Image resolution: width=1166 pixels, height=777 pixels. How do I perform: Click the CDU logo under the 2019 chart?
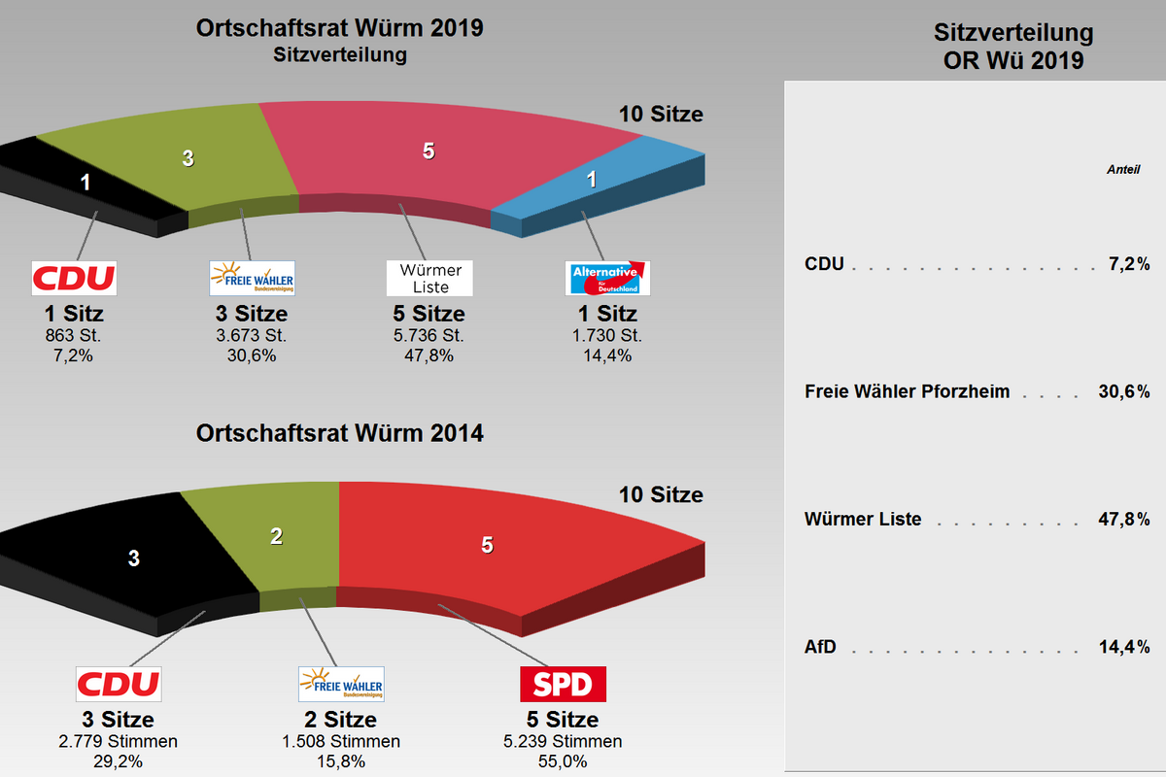[74, 278]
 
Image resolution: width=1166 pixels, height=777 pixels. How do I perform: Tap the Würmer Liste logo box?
[429, 278]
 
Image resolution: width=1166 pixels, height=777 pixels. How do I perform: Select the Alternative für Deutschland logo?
[607, 278]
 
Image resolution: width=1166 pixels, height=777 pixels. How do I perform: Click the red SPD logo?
[564, 684]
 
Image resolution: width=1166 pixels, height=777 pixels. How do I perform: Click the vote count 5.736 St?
[429, 335]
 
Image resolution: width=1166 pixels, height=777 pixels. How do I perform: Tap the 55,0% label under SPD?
[564, 761]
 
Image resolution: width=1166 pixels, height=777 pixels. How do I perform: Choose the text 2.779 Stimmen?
[118, 742]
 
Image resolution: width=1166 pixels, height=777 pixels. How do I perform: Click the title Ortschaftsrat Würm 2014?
[339, 433]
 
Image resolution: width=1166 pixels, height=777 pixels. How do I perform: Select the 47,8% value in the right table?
[1124, 520]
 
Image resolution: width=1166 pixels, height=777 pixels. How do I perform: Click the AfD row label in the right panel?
[820, 647]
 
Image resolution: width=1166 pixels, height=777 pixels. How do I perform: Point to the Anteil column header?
[1123, 170]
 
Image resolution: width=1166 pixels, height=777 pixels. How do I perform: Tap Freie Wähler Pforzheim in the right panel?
[908, 392]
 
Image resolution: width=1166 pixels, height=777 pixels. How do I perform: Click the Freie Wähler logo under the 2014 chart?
[341, 684]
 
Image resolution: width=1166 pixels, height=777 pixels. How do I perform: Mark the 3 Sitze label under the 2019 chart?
[251, 314]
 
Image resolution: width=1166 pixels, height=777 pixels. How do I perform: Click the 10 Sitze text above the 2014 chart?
[661, 494]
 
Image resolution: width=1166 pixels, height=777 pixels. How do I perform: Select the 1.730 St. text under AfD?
[607, 335]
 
